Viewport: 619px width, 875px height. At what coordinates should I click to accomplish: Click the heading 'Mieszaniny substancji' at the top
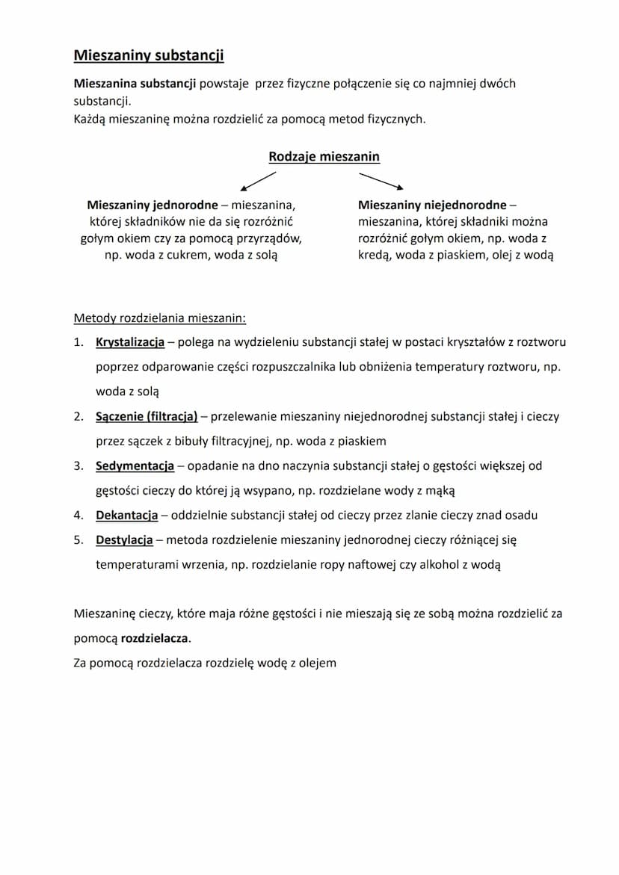point(148,55)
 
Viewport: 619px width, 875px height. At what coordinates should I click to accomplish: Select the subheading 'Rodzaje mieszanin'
point(324,157)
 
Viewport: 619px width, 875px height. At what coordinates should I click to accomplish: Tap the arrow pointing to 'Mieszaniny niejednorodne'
point(381,181)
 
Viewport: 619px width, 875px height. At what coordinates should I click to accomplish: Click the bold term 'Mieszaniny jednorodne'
point(153,205)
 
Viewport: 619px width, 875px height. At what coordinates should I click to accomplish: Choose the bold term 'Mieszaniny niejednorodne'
point(432,205)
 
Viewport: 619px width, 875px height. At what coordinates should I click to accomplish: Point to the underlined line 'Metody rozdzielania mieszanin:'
point(159,318)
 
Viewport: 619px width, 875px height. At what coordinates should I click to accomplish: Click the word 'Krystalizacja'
point(130,342)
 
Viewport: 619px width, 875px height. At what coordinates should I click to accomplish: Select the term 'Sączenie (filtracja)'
point(147,416)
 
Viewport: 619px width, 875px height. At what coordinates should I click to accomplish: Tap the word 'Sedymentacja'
point(135,466)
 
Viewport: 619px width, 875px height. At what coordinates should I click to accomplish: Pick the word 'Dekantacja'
point(126,516)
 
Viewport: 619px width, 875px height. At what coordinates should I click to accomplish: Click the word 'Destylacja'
point(124,539)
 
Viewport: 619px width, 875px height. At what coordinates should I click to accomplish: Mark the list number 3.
point(78,466)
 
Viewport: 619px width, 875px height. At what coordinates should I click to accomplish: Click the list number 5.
point(78,539)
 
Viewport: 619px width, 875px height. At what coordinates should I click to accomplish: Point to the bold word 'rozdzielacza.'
point(155,639)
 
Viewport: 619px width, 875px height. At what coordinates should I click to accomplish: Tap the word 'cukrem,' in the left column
point(188,255)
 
